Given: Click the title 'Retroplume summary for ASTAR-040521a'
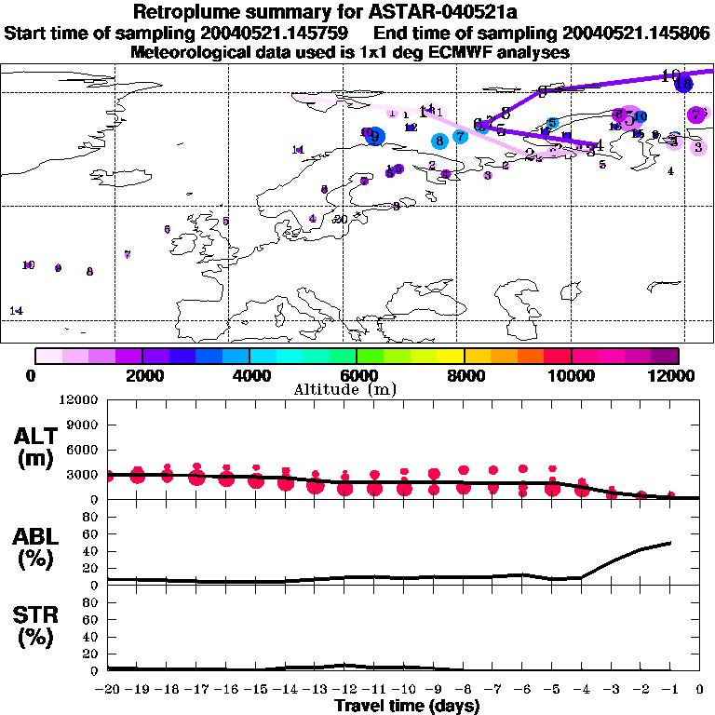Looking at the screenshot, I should (357, 13).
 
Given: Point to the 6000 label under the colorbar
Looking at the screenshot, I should (357, 376).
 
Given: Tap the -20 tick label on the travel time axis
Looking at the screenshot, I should (108, 690).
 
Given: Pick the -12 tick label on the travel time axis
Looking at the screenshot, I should (344, 690).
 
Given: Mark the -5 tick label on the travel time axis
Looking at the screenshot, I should (552, 690).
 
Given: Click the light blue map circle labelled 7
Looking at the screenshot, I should (460, 137).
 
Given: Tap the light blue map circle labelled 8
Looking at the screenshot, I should (438, 141).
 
